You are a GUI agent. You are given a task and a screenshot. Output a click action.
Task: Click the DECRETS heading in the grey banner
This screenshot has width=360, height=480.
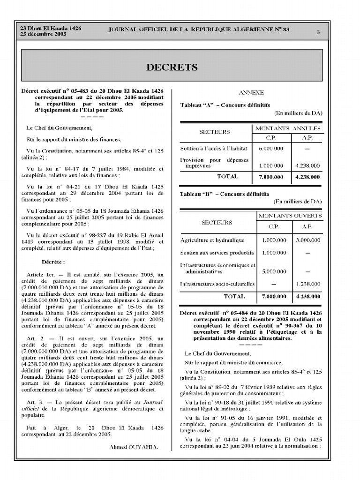point(172,67)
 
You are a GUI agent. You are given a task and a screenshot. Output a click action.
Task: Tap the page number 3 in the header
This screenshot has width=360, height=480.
point(318,32)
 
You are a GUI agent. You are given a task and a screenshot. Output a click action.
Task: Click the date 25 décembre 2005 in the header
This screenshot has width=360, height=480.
point(43,35)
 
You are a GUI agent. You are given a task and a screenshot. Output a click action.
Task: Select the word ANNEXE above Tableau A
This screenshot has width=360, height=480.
point(251,93)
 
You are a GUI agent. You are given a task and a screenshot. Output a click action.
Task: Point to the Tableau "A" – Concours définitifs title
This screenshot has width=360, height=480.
point(225,105)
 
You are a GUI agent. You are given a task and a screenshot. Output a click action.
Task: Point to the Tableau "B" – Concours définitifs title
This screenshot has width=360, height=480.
point(225,194)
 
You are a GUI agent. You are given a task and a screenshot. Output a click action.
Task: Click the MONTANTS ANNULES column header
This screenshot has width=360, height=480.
point(288,128)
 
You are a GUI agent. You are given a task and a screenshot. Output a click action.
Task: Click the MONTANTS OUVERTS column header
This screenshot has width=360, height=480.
point(290,216)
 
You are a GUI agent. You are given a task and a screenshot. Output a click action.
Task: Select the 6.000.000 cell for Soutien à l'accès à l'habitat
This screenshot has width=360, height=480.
point(271,149)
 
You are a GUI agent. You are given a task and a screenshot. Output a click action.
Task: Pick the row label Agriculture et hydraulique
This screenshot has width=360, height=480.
point(212,240)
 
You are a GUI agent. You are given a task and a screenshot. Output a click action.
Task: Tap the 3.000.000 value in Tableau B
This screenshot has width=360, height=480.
point(308,240)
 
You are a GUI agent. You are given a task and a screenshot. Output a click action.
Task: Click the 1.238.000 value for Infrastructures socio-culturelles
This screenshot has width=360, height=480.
point(308,284)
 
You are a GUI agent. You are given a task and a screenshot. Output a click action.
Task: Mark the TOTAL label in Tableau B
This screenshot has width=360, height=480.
point(234,296)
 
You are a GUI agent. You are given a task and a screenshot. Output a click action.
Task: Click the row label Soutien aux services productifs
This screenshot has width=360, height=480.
point(217,253)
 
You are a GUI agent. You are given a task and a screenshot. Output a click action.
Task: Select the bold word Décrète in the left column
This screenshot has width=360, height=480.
point(53,262)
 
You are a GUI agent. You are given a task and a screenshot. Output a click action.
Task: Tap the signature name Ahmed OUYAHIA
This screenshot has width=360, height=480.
point(134,447)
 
